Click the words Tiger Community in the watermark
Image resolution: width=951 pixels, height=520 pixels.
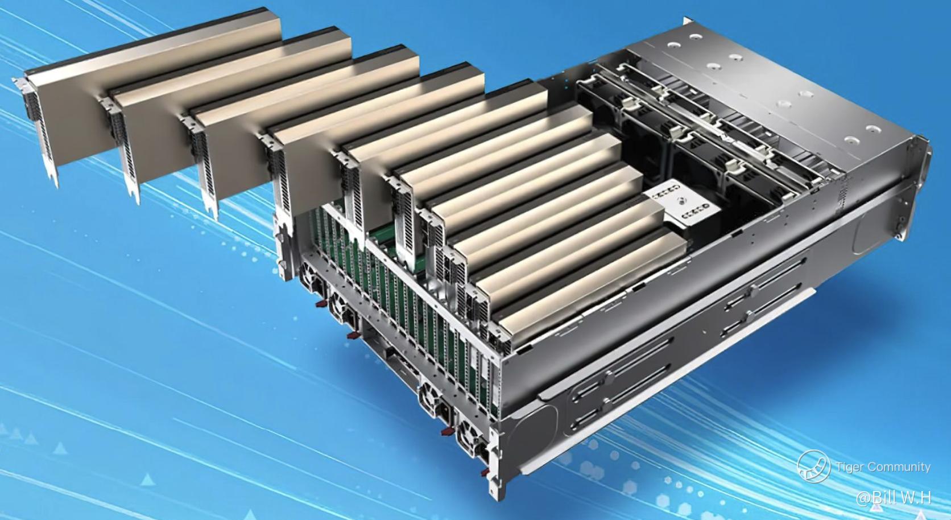point(883,467)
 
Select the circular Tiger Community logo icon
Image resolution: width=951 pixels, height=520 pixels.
point(813,467)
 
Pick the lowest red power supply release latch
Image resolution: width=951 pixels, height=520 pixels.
point(485,472)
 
